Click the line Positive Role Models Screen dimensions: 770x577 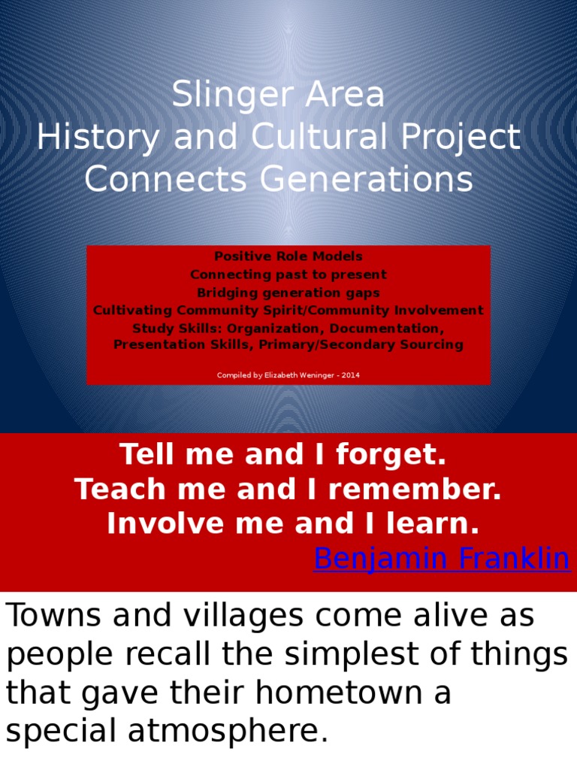coord(288,256)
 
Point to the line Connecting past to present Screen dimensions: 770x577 coord(288,274)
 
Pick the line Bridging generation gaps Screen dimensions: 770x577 coord(288,293)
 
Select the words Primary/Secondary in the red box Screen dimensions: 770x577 coord(346,345)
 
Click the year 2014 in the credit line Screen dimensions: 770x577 coord(350,375)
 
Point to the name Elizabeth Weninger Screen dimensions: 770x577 coord(296,375)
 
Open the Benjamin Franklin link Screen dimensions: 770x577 coord(441,559)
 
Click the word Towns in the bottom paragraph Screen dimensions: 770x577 coord(53,617)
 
